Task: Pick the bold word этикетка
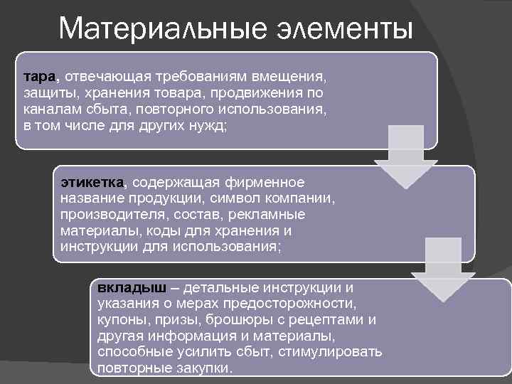[x=92, y=183]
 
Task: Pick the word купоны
[x=122, y=320]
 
